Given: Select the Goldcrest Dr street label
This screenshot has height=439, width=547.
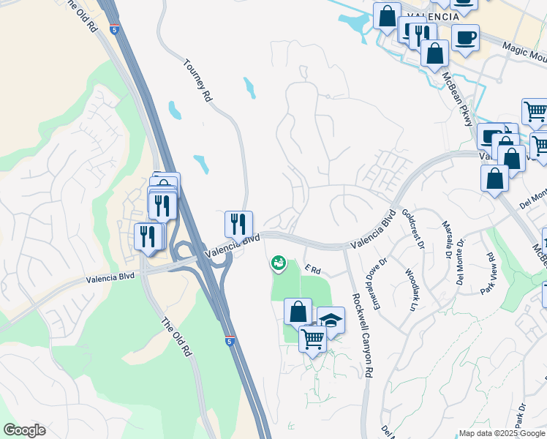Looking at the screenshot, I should [413, 228].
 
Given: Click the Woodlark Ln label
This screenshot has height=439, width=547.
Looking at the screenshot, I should [410, 291].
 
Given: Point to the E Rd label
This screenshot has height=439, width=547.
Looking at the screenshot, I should [313, 270].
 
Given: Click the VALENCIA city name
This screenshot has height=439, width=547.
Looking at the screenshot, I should [437, 16].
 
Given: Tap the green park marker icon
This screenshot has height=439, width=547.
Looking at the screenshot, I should [278, 262].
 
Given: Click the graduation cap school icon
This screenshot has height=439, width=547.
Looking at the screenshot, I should [331, 320].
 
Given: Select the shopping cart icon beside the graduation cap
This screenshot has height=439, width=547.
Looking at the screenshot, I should [312, 338].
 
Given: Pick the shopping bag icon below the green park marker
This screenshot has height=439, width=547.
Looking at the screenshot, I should [298, 311].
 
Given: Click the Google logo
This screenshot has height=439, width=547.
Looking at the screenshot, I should [24, 430].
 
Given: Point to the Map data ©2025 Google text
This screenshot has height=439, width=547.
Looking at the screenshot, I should [501, 433].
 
